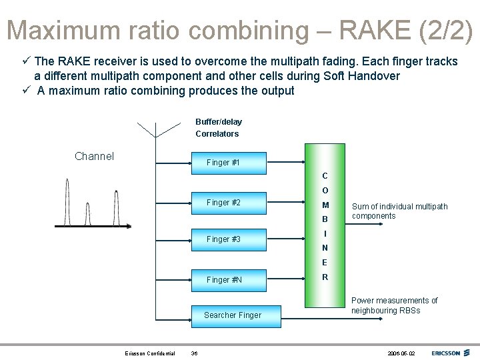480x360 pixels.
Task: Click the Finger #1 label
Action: pyautogui.click(x=223, y=163)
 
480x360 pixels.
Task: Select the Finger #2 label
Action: pyautogui.click(x=223, y=203)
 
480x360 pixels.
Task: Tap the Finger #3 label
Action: pyautogui.click(x=223, y=239)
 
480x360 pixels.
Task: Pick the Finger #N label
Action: pyautogui.click(x=224, y=280)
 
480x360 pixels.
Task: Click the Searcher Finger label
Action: pyautogui.click(x=232, y=315)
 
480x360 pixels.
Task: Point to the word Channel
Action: pyautogui.click(x=94, y=157)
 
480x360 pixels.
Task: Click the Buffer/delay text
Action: pyautogui.click(x=219, y=122)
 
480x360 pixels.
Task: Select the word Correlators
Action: pyautogui.click(x=217, y=134)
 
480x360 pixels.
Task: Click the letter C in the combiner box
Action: pyautogui.click(x=325, y=176)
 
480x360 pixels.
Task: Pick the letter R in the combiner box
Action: pyautogui.click(x=325, y=277)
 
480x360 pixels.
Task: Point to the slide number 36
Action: pyautogui.click(x=194, y=353)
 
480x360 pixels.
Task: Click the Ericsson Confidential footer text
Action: pyautogui.click(x=150, y=353)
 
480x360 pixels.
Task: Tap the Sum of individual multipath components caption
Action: pyautogui.click(x=399, y=211)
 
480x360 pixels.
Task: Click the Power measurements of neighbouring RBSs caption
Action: pyautogui.click(x=394, y=305)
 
